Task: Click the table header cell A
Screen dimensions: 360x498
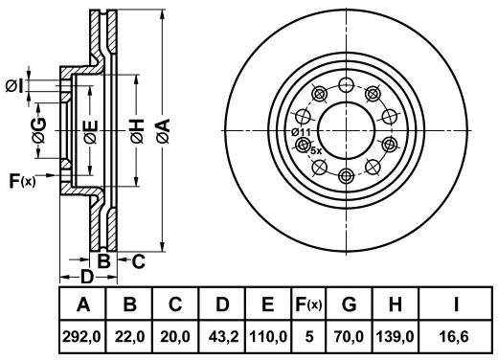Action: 82,305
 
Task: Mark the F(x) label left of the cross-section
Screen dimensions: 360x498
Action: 20,180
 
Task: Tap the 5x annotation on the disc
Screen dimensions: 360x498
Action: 317,151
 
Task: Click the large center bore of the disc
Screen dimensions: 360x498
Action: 346,124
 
